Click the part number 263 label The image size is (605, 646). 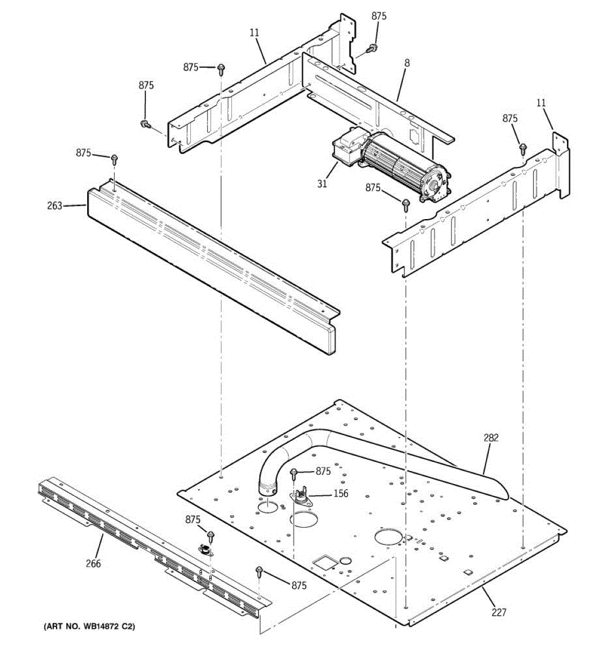[x=55, y=206]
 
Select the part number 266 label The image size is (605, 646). [x=93, y=564]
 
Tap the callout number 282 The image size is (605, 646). [x=490, y=438]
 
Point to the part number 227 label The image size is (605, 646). [x=498, y=612]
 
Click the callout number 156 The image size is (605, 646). [x=341, y=494]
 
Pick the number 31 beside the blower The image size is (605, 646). [x=322, y=184]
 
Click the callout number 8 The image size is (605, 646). [x=407, y=63]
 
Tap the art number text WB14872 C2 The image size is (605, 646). [x=89, y=627]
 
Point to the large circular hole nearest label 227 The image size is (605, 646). [x=388, y=538]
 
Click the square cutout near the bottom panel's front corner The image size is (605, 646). [x=324, y=562]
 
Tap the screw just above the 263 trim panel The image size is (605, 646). [x=114, y=159]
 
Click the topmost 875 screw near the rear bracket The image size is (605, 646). [x=372, y=48]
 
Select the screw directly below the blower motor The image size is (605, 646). [x=405, y=203]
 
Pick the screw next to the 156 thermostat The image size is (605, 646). [x=294, y=474]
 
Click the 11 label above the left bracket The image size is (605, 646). [x=254, y=33]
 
